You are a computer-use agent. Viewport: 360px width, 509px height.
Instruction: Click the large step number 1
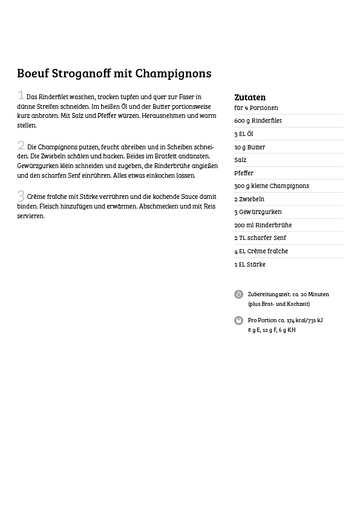point(21,95)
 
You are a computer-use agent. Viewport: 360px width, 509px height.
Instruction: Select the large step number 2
point(21,145)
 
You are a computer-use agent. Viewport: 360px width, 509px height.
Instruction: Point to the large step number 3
point(21,196)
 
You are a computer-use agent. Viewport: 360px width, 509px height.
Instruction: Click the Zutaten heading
point(250,97)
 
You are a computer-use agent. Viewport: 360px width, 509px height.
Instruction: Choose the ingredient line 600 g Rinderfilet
point(258,121)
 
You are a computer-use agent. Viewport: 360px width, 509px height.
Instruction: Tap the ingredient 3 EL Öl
point(243,134)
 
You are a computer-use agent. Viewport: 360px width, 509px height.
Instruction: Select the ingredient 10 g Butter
point(249,147)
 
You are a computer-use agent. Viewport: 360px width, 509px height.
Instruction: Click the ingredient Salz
point(240,160)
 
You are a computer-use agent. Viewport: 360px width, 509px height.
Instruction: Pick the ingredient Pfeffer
point(244,173)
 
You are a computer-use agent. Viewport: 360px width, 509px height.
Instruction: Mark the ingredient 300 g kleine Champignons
point(271,186)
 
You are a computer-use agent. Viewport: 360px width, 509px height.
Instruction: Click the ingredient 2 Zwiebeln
point(249,199)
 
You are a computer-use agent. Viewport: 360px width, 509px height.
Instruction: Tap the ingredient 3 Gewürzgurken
point(258,212)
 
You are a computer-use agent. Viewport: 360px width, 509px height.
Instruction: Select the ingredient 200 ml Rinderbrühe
point(263,225)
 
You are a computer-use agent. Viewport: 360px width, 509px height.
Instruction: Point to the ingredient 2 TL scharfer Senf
point(260,238)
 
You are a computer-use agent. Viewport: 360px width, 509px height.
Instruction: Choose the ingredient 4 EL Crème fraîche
point(261,251)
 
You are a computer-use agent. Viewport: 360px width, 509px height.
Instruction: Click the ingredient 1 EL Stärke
point(249,265)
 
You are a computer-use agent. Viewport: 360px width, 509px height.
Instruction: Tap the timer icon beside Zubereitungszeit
point(239,294)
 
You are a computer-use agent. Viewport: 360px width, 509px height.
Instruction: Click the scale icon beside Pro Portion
point(239,320)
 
